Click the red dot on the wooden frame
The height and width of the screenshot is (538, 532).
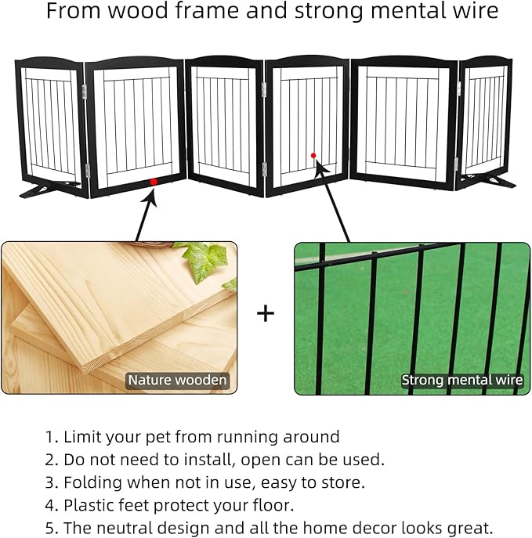point(154,182)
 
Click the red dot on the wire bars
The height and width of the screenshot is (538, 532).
point(313,155)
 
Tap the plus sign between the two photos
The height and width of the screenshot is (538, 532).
point(266,314)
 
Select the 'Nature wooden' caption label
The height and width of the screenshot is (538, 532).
point(178,381)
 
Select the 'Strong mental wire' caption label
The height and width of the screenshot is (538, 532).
point(461,381)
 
